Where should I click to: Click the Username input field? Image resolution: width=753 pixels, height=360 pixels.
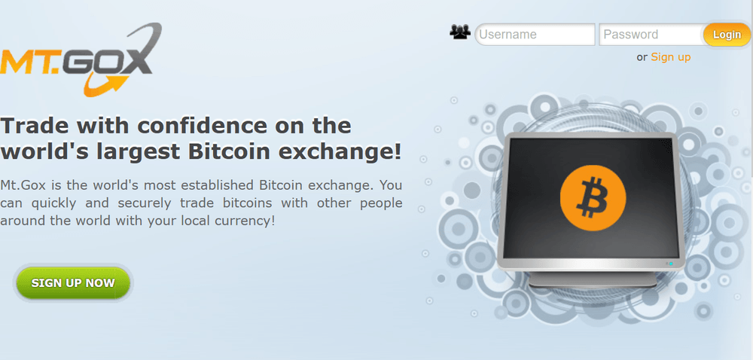pyautogui.click(x=535, y=35)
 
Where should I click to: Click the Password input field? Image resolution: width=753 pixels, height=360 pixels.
pyautogui.click(x=651, y=35)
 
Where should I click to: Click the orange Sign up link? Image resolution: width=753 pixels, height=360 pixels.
pyautogui.click(x=670, y=57)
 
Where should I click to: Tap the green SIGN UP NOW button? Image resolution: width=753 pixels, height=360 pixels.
pyautogui.click(x=73, y=282)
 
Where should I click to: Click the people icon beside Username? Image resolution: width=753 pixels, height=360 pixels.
pyautogui.click(x=459, y=32)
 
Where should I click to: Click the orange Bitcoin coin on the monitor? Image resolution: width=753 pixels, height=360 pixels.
pyautogui.click(x=593, y=197)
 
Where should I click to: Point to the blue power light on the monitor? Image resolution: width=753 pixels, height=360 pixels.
pyautogui.click(x=671, y=264)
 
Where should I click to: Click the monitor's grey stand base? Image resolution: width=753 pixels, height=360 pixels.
pyautogui.click(x=593, y=280)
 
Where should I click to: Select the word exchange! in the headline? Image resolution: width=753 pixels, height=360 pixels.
pyautogui.click(x=340, y=151)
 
